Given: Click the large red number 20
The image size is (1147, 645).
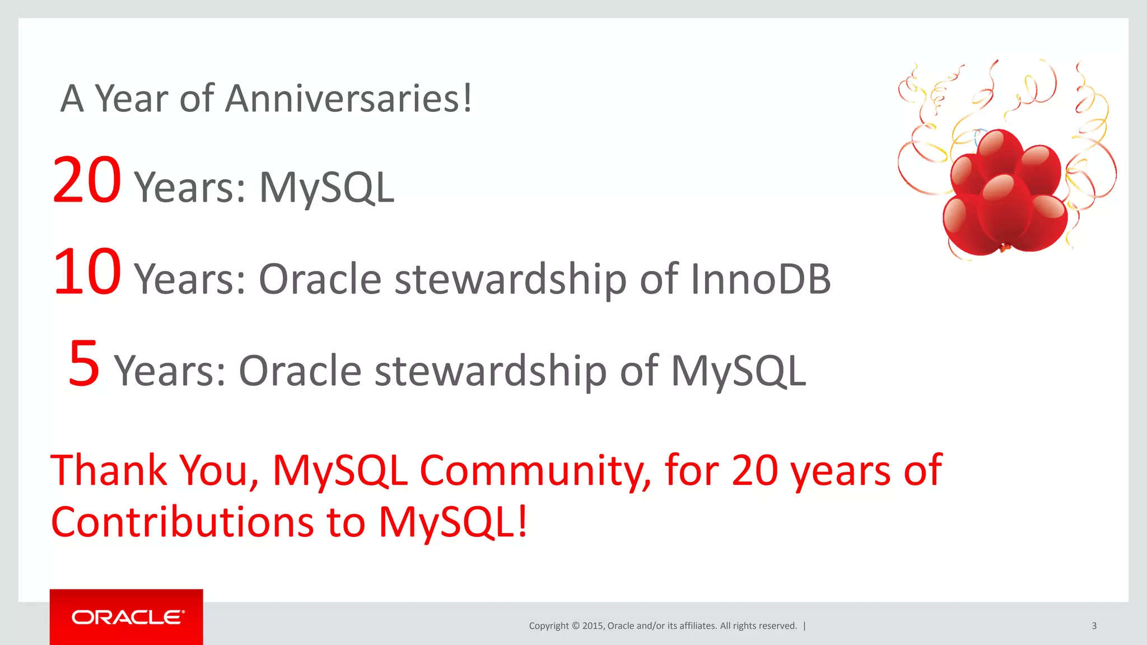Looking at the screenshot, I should tap(86, 180).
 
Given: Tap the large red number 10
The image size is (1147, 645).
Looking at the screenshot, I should tap(86, 272).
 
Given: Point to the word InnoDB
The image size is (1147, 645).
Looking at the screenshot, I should tap(760, 279).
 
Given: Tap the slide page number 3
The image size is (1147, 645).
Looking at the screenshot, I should tap(1094, 625).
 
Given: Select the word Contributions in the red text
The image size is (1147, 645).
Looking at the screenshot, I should tap(182, 522).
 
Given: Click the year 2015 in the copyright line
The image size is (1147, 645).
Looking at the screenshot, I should tap(592, 626).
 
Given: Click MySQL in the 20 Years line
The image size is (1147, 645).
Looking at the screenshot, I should tap(327, 188).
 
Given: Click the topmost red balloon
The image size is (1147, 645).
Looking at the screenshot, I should tap(1000, 151).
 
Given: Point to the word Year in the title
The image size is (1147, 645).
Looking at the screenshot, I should tap(131, 99).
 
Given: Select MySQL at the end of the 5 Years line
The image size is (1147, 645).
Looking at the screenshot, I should tap(738, 371).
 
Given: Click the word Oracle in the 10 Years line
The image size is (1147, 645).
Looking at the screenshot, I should tap(320, 279).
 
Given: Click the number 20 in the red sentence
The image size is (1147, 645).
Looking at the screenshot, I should tap(754, 470).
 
